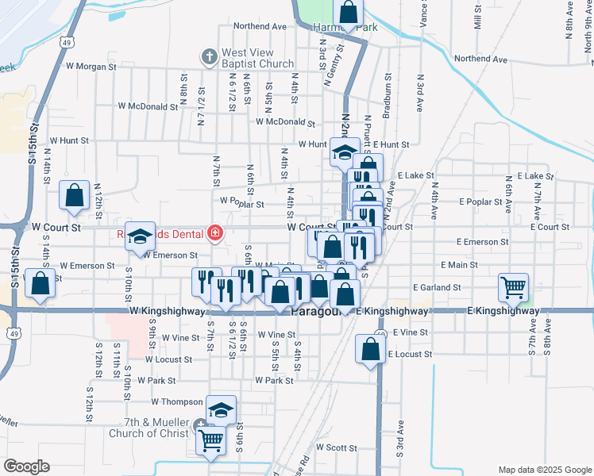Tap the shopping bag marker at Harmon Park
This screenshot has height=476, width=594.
(348, 11)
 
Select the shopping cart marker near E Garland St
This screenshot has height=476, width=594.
(513, 287)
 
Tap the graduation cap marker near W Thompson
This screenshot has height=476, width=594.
(222, 409)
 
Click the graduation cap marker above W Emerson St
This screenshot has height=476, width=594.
(140, 236)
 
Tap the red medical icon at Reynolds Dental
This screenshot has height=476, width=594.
(214, 233)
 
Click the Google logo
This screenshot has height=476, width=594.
(26, 466)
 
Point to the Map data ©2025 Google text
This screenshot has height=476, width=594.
(544, 470)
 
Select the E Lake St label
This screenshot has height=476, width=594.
(416, 175)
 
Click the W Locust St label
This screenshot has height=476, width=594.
(169, 359)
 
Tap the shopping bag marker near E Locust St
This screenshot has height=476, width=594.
(371, 348)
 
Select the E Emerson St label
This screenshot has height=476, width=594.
(482, 241)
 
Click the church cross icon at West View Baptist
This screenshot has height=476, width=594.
(209, 56)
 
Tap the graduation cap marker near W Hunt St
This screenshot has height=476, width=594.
(345, 152)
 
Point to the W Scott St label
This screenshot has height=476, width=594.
(337, 447)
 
